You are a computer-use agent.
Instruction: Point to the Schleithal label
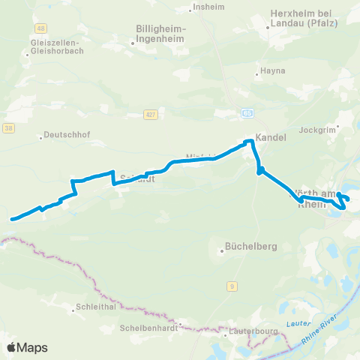tap(94, 307)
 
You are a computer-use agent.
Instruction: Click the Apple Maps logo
tap(27, 347)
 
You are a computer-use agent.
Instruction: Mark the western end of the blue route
tap(12, 219)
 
